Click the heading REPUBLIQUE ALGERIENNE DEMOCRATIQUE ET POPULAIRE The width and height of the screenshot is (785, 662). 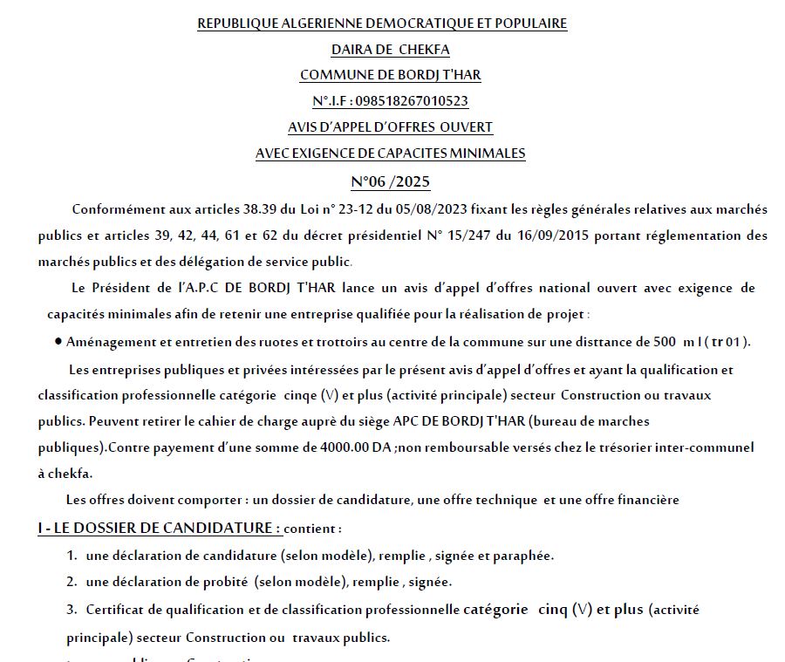click(x=382, y=24)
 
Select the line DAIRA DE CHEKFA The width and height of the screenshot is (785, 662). click(x=390, y=50)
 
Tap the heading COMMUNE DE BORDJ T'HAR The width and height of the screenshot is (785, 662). click(x=390, y=75)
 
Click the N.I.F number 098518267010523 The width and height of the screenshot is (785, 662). click(x=418, y=101)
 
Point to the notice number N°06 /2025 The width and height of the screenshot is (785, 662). click(x=390, y=182)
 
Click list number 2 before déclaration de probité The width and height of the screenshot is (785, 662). click(x=72, y=582)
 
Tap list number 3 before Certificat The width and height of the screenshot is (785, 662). click(x=72, y=610)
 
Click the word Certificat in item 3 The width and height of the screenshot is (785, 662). click(x=115, y=610)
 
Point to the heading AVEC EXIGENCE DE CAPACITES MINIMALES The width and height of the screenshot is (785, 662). click(x=390, y=154)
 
